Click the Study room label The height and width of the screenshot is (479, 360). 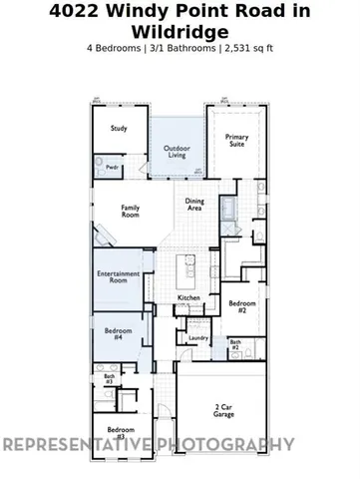pyautogui.click(x=120, y=128)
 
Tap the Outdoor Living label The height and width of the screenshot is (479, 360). pyautogui.click(x=177, y=152)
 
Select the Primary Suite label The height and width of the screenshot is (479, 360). pyautogui.click(x=237, y=143)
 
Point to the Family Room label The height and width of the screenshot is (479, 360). pyautogui.click(x=131, y=211)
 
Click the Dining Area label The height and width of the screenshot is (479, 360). pyautogui.click(x=194, y=205)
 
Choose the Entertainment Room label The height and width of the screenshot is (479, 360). pyautogui.click(x=119, y=278)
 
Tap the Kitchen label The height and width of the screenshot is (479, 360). pyautogui.click(x=189, y=298)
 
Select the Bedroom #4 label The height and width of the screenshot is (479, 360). pyautogui.click(x=118, y=334)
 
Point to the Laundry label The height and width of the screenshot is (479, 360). pyautogui.click(x=197, y=338)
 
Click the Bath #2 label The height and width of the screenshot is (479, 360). pyautogui.click(x=235, y=344)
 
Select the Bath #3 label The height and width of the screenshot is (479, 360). pyautogui.click(x=108, y=379)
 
